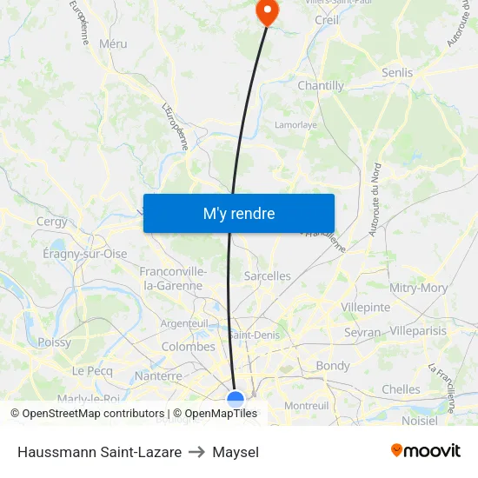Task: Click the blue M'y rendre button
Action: (x=238, y=213)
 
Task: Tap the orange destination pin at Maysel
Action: (x=266, y=11)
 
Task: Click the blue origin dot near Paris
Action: (x=236, y=399)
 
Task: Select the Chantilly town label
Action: (x=321, y=86)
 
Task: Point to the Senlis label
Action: (x=397, y=73)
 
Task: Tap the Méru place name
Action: (x=113, y=43)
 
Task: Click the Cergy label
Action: (x=52, y=222)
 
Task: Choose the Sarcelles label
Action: (x=268, y=276)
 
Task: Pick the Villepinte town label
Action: (x=365, y=307)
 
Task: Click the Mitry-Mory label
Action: (x=419, y=288)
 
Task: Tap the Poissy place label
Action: (x=54, y=342)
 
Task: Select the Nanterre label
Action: (x=158, y=376)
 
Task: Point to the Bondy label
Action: (x=332, y=366)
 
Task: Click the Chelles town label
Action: (x=401, y=389)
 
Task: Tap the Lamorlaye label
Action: (x=295, y=125)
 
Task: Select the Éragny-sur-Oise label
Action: (x=85, y=254)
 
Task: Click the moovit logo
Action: (x=425, y=450)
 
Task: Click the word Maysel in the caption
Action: (x=236, y=452)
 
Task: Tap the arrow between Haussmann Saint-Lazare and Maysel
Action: (x=197, y=452)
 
